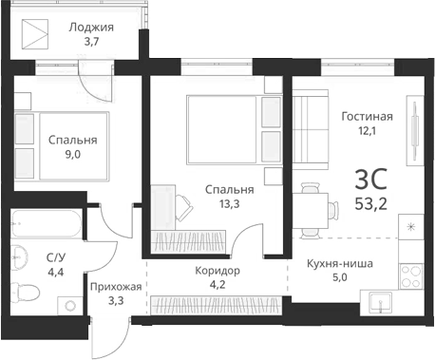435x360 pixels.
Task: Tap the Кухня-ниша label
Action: [x=339, y=264]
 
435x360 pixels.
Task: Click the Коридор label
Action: [x=217, y=271]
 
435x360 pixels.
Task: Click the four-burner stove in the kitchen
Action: [x=411, y=276]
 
